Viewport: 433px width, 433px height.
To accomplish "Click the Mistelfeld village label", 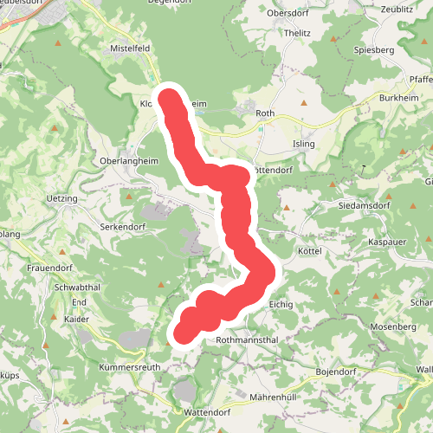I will [x=132, y=48].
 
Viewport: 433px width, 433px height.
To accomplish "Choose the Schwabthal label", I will [x=78, y=288].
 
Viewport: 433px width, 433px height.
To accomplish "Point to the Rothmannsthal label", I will [x=246, y=340].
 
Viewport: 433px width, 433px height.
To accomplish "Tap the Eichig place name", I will [x=282, y=305].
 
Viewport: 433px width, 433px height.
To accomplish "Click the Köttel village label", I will [x=309, y=250].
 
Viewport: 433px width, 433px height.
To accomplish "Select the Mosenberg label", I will [x=393, y=327].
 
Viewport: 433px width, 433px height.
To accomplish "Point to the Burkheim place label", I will [x=397, y=99].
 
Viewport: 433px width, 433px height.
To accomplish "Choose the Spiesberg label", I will [x=373, y=51].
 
